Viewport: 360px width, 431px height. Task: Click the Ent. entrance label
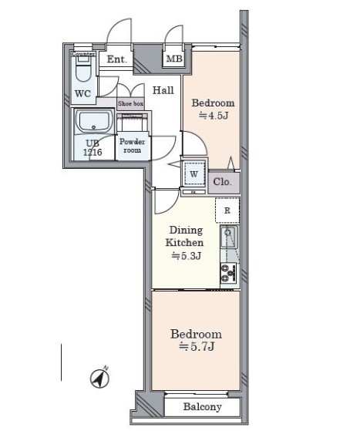117,59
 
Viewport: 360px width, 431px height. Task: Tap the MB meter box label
174,59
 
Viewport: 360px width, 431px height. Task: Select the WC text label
82,94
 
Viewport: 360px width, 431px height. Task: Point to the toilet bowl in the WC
82,71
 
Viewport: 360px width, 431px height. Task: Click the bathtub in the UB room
94,122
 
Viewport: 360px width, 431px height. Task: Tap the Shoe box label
130,104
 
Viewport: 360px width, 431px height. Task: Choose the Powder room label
132,146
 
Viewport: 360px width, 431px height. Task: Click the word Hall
163,90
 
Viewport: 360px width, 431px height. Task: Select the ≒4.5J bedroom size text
214,116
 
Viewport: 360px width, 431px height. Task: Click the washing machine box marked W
194,173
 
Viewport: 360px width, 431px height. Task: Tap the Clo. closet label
222,182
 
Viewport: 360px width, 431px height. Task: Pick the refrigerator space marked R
227,210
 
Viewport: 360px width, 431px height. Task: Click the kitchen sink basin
227,237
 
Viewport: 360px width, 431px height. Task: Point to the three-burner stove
228,273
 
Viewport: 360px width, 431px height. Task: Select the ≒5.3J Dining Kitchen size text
187,256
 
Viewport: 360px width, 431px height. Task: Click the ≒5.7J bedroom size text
197,347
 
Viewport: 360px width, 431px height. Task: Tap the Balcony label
202,406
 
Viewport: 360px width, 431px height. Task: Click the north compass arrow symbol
100,378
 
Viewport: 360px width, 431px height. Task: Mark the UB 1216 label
93,148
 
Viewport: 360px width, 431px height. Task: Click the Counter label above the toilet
83,55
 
